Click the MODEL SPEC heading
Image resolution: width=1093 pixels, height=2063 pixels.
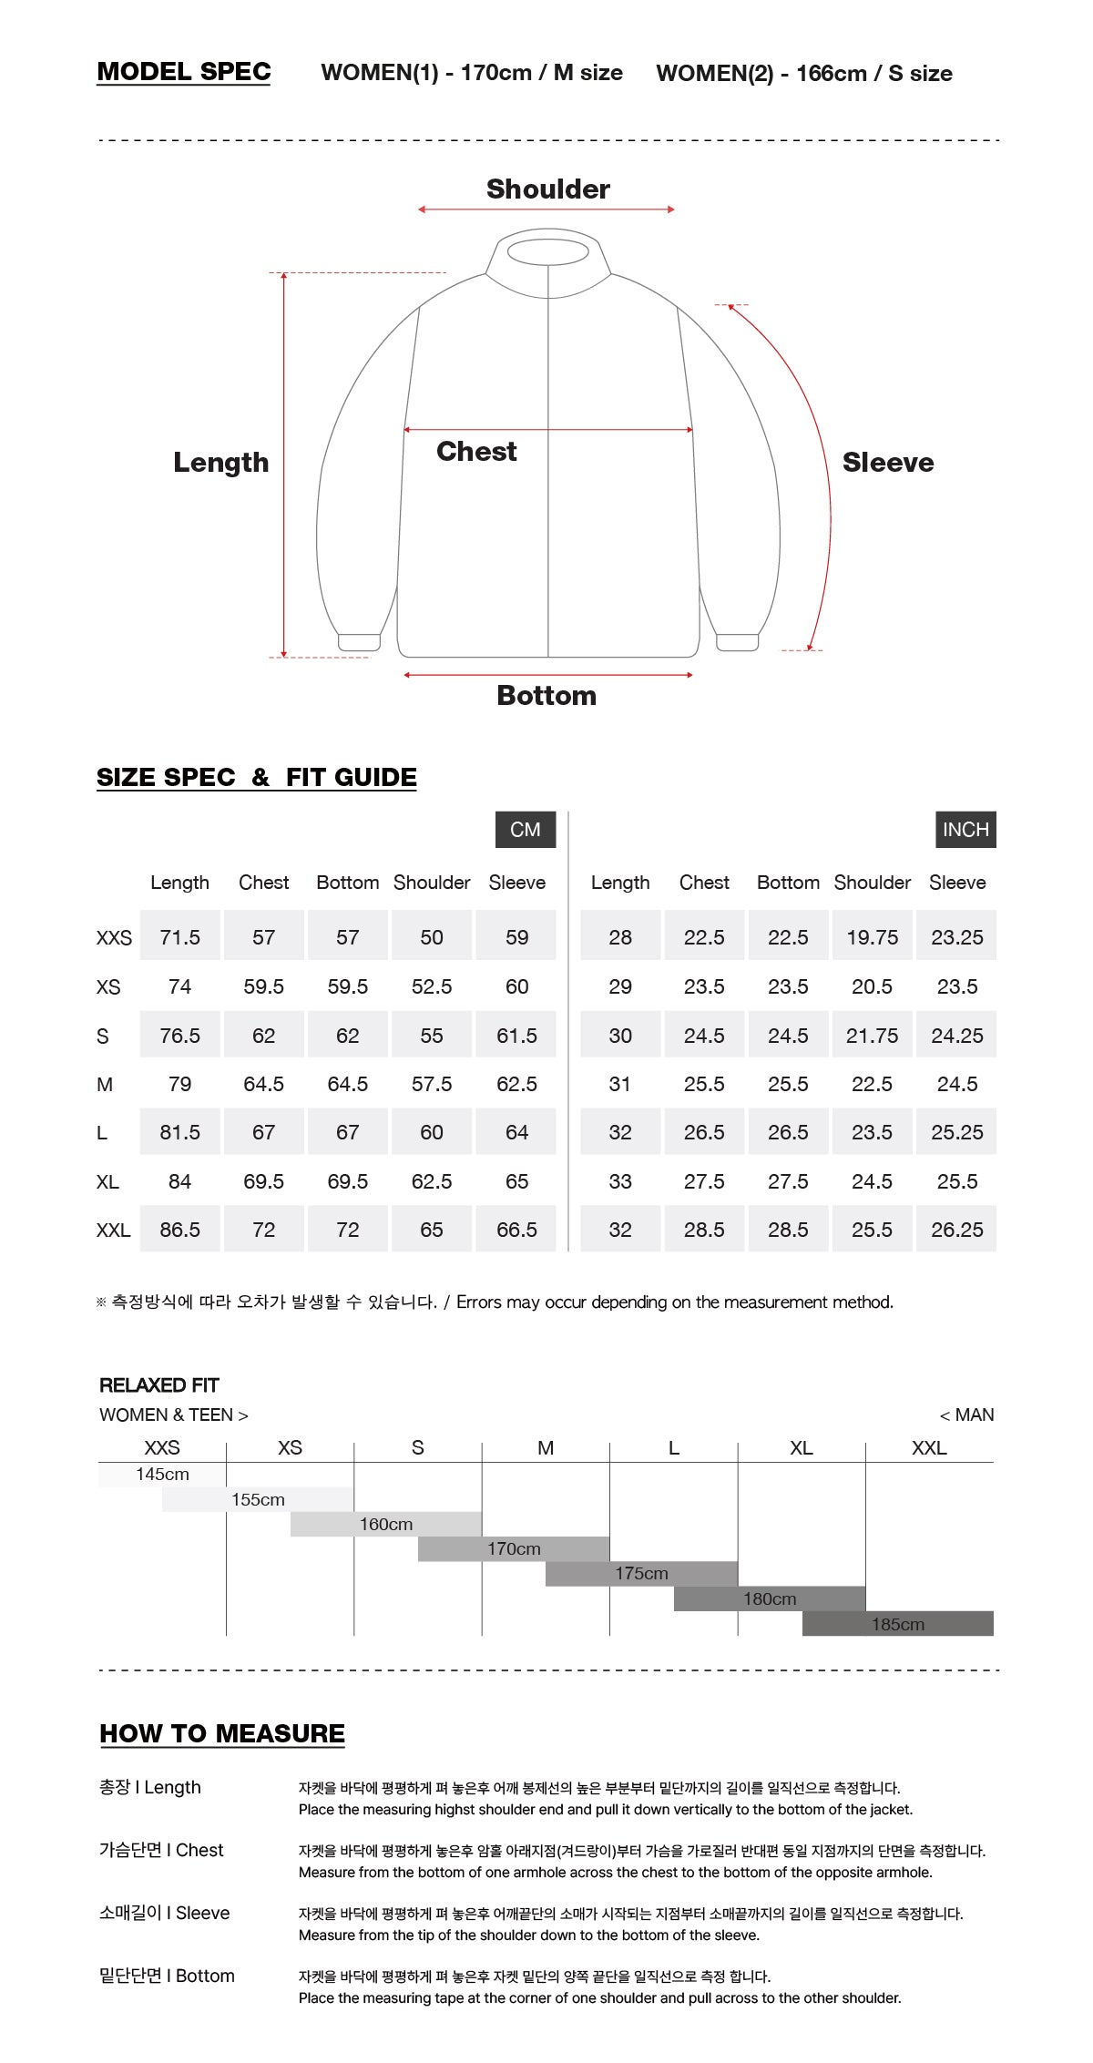click(184, 72)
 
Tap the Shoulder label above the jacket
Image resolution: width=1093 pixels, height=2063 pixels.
click(548, 189)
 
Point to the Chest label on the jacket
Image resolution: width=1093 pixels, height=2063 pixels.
click(476, 452)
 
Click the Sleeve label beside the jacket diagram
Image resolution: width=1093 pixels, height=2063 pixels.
click(888, 463)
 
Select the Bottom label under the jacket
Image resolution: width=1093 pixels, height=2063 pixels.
click(546, 696)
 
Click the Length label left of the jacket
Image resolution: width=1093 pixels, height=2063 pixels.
click(221, 463)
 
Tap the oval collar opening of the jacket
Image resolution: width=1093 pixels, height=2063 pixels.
click(547, 252)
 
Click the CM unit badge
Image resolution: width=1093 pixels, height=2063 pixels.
click(526, 830)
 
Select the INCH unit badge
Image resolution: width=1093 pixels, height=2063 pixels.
click(965, 830)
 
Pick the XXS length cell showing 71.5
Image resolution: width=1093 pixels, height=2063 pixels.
click(180, 937)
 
